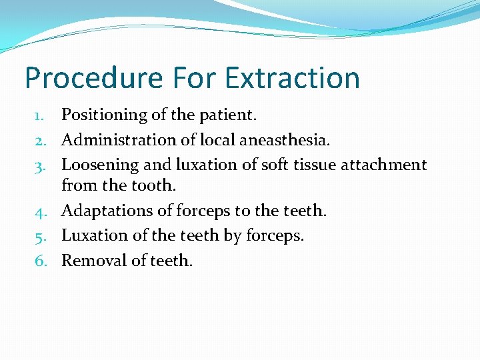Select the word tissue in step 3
coord(315,164)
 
